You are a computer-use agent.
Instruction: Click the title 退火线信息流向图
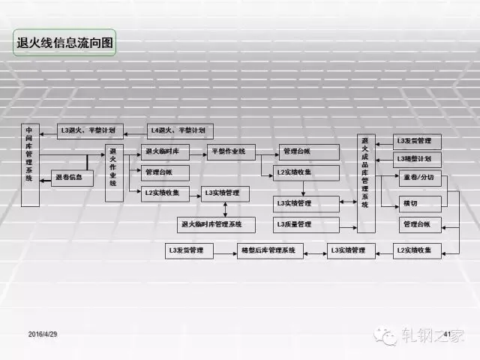(65, 43)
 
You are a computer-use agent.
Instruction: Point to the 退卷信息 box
(73, 178)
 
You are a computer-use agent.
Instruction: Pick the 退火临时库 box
(164, 151)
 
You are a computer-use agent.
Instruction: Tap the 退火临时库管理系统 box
(216, 223)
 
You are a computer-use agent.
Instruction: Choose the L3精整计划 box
(417, 159)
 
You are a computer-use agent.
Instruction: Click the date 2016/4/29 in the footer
(43, 332)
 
